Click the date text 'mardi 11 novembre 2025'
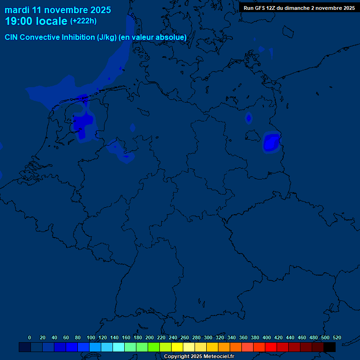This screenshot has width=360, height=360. coord(58,10)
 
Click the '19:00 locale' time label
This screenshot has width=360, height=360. coord(36,21)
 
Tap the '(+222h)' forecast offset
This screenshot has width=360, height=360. coord(83,21)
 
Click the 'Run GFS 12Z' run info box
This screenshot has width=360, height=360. coord(299,8)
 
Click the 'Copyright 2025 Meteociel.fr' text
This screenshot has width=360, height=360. coord(199,357)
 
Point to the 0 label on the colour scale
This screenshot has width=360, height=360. coord(30,337)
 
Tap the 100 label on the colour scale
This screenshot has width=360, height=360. coord(91,337)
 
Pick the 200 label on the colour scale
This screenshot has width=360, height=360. coord(150,337)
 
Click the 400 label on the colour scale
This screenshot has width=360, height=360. coord(267,337)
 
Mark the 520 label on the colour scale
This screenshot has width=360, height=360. coord(337,337)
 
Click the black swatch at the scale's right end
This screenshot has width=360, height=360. coord(330,347)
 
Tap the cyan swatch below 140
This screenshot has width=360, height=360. coord(119,347)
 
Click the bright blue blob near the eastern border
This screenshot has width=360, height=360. coord(271,142)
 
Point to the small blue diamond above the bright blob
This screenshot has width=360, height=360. coord(249,118)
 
